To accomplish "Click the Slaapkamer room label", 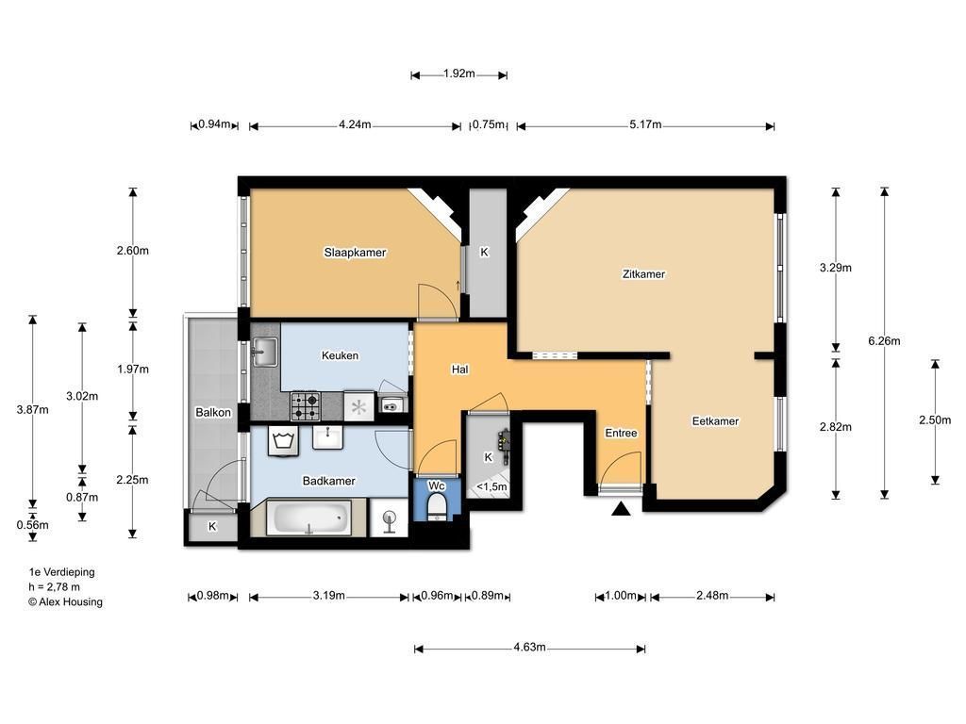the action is click(x=355, y=253).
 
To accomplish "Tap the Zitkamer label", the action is click(x=643, y=274).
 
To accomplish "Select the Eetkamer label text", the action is click(x=715, y=421).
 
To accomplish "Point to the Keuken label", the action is click(x=340, y=355).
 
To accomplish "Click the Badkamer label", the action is click(x=328, y=481).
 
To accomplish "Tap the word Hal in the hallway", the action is click(x=459, y=370).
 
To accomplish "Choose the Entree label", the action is click(x=621, y=433).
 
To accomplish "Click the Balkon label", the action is click(x=213, y=413).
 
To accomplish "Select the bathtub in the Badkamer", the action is click(x=308, y=518).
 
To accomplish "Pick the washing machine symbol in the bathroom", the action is click(x=283, y=442).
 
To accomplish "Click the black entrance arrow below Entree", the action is click(x=621, y=509).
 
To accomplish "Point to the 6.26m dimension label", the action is click(x=884, y=341).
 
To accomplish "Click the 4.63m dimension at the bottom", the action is click(x=529, y=648).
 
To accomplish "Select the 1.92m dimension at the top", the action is click(x=459, y=74).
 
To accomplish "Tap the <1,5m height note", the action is click(x=491, y=487).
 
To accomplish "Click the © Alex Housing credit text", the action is click(x=65, y=602).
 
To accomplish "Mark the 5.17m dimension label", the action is click(x=645, y=125).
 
